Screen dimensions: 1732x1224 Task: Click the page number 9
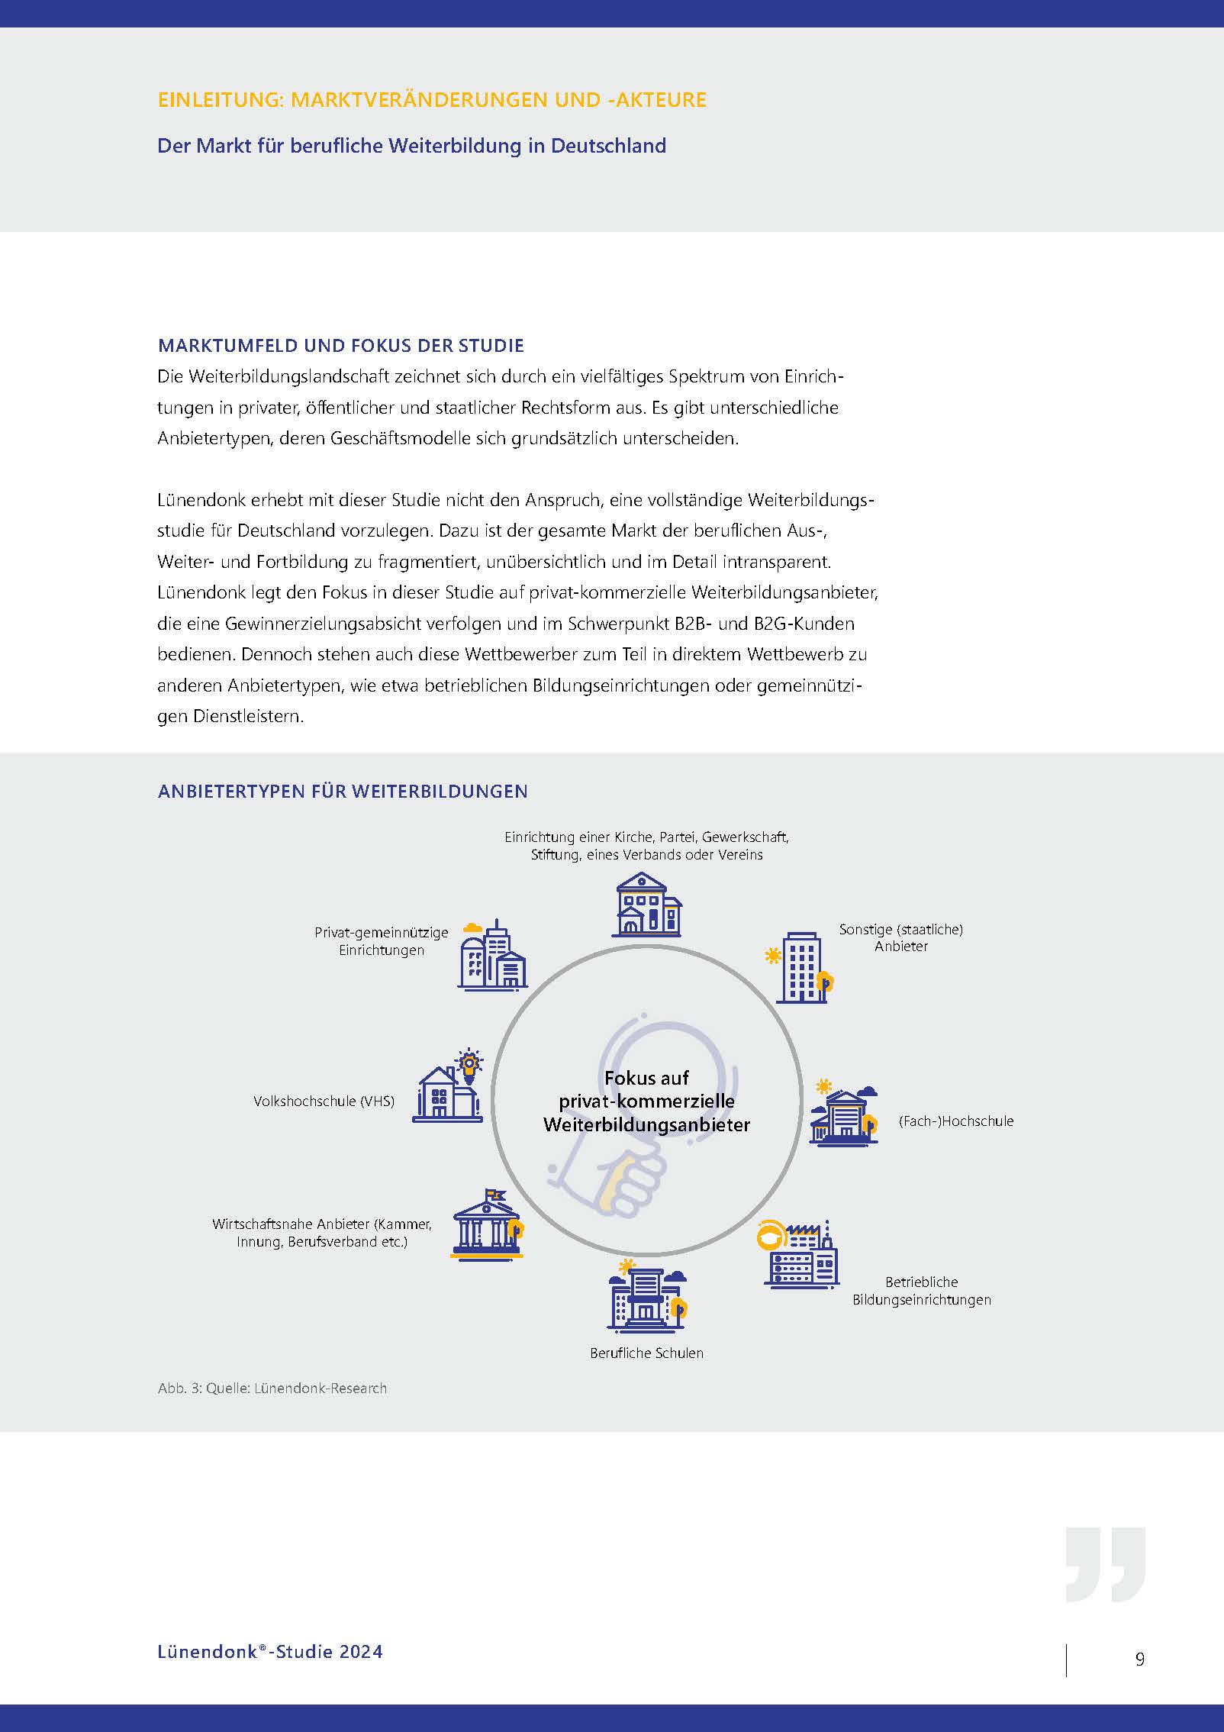pyautogui.click(x=1139, y=1658)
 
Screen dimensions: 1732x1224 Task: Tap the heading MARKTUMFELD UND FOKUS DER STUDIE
pyautogui.click(x=340, y=346)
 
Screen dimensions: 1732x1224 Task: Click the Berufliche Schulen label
pyautogui.click(x=646, y=1353)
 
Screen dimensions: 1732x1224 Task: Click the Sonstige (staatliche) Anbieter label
pyautogui.click(x=901, y=937)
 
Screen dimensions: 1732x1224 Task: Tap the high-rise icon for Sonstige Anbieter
pyautogui.click(x=802, y=966)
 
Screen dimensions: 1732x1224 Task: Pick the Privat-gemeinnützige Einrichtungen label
pyautogui.click(x=382, y=941)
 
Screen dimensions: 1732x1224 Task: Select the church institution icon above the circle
pyautogui.click(x=646, y=905)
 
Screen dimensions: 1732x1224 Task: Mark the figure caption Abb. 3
pyautogui.click(x=272, y=1388)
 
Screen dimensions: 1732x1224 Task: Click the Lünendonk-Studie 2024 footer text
pyautogui.click(x=270, y=1651)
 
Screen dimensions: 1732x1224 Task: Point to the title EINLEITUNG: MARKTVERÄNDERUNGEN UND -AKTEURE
pyautogui.click(x=432, y=100)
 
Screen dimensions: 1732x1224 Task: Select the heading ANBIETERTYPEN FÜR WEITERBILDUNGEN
pyautogui.click(x=343, y=791)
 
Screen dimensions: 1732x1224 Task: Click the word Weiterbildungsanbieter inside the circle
pyautogui.click(x=646, y=1124)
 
